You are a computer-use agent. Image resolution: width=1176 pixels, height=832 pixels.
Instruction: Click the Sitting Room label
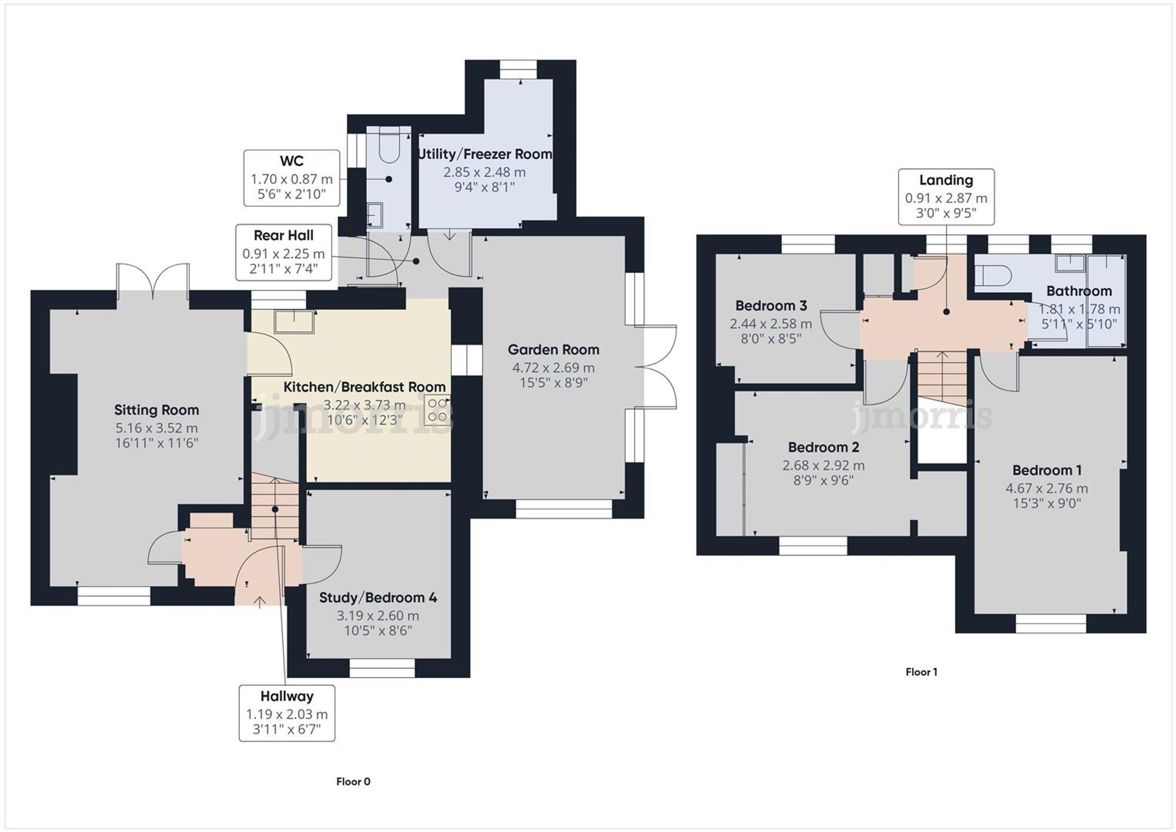[x=156, y=410]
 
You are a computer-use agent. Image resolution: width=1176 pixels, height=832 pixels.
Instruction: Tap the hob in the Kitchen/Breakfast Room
[x=437, y=410]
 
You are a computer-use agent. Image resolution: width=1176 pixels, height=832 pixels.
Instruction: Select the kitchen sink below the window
[x=294, y=322]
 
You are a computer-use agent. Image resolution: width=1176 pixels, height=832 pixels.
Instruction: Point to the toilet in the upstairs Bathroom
[x=993, y=275]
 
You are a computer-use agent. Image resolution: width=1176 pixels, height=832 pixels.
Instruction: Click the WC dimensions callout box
[x=292, y=178]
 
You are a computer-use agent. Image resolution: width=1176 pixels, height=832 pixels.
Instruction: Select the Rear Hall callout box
[x=283, y=252]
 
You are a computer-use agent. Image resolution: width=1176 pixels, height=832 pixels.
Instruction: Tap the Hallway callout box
[x=287, y=713]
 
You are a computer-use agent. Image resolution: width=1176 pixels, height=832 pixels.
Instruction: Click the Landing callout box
[x=946, y=197]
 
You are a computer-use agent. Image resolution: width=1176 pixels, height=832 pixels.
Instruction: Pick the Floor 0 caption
[x=353, y=781]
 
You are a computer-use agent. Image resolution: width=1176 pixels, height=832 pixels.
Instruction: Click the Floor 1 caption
[x=921, y=672]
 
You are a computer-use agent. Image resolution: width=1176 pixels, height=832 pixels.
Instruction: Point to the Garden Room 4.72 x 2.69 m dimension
[x=553, y=368]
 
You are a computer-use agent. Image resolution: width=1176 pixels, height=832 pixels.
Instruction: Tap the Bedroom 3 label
[x=771, y=306]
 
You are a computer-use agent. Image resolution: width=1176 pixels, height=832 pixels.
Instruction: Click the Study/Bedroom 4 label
[x=378, y=598]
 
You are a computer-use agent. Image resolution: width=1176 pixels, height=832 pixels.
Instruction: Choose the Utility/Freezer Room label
[x=485, y=155]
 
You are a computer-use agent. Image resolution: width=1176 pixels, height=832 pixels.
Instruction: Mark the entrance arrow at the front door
[x=260, y=600]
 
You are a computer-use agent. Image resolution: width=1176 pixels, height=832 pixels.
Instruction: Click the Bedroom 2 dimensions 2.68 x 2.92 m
[x=823, y=466]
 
